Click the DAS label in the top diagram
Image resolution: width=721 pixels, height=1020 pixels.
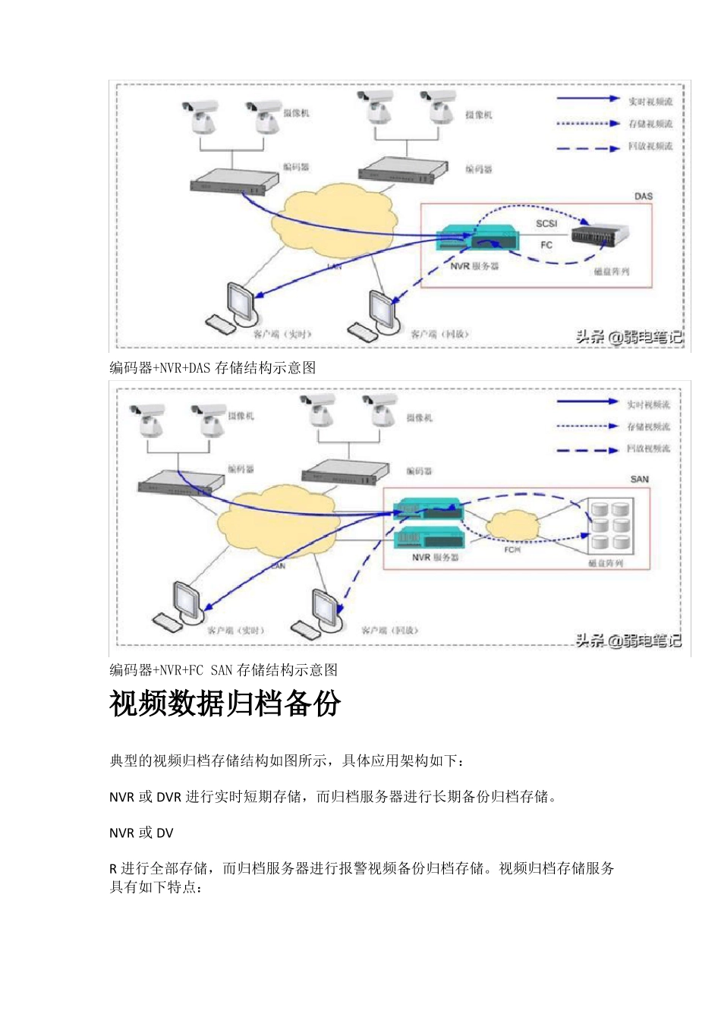point(643,196)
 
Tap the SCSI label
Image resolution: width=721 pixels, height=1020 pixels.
point(546,223)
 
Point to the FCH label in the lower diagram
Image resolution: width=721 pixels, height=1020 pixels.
point(512,549)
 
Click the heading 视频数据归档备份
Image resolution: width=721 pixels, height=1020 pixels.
point(225,704)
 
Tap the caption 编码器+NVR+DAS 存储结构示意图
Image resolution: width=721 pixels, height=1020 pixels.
point(213,368)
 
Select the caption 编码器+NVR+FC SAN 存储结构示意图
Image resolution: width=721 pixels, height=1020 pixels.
point(224,670)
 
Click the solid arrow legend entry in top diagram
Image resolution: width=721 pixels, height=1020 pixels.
point(589,99)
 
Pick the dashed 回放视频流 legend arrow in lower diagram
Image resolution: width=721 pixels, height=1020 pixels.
point(587,450)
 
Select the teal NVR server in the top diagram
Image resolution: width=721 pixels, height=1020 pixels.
point(477,240)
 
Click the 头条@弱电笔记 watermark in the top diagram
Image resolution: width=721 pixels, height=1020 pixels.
point(628,337)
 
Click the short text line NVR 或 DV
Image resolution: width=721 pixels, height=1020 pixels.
point(141,833)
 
